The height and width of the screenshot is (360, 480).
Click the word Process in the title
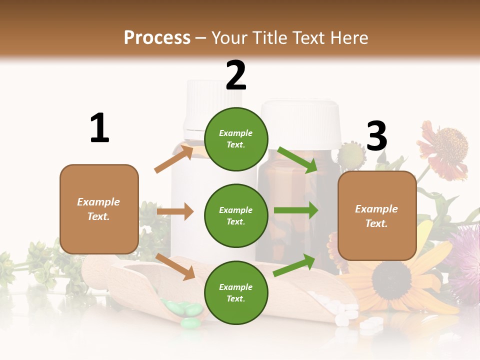click(157, 38)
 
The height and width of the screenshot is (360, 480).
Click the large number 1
click(99, 128)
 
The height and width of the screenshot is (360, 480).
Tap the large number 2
click(236, 75)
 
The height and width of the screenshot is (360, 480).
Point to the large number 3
click(376, 136)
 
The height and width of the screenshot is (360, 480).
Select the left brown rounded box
click(99, 209)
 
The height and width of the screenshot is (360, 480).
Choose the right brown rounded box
click(376, 215)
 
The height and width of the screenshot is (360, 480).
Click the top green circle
click(236, 139)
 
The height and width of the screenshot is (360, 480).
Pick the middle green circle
click(236, 215)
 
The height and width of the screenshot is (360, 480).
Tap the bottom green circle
click(236, 292)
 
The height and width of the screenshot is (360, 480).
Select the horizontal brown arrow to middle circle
click(175, 211)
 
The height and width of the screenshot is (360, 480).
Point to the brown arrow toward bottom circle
click(175, 266)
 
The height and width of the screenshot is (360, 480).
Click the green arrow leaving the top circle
click(297, 160)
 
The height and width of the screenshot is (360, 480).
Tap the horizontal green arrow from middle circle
click(295, 210)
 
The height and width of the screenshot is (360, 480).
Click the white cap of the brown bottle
click(300, 122)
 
